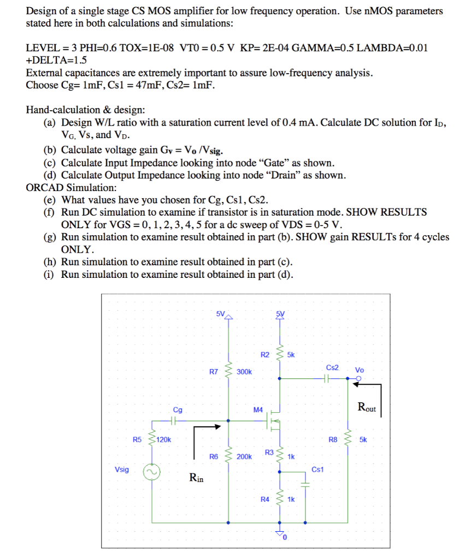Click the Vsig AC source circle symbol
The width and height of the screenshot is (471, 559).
pos(151,472)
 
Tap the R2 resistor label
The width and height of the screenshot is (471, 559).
pos(265,355)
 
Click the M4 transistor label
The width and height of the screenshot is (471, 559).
pos(258,409)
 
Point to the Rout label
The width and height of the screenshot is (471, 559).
pos(367,407)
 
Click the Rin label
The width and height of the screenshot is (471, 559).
pos(196,478)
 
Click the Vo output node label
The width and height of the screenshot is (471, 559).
pos(359,370)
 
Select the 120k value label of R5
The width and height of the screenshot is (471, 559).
pos(164,439)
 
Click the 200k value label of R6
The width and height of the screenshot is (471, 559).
pos(244,456)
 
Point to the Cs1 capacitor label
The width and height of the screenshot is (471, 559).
pos(317,469)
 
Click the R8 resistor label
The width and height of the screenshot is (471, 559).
pos(333,439)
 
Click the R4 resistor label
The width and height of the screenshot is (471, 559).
pos(264,499)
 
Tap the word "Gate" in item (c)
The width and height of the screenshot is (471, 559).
pos(273,163)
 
